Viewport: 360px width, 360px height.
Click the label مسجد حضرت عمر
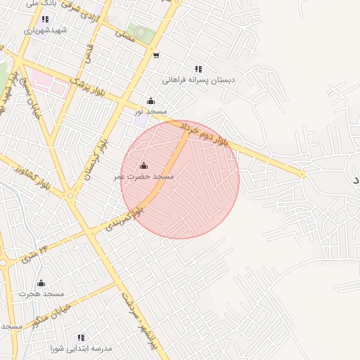(143, 176)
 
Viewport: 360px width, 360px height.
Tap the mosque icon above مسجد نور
(150, 101)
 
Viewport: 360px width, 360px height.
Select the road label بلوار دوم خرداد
(205, 134)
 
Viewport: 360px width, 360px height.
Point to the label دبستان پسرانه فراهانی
(198, 80)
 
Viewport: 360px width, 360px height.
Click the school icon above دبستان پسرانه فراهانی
(198, 69)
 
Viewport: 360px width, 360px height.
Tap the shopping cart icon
(155, 56)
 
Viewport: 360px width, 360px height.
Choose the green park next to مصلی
(143, 34)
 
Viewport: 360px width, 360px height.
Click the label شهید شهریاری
(45, 30)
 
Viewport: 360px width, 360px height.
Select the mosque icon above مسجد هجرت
(41, 283)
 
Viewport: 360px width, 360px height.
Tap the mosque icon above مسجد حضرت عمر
(143, 166)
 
